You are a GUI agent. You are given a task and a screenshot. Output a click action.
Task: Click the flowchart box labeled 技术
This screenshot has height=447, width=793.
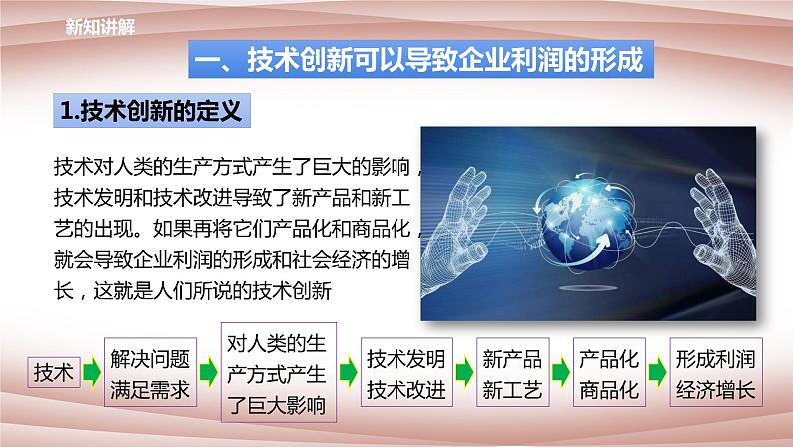coord(53,372)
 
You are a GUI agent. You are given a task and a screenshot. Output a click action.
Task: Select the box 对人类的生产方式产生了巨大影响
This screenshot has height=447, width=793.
coord(278,371)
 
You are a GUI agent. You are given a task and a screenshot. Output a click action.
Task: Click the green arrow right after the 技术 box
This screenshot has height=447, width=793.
coord(91,373)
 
